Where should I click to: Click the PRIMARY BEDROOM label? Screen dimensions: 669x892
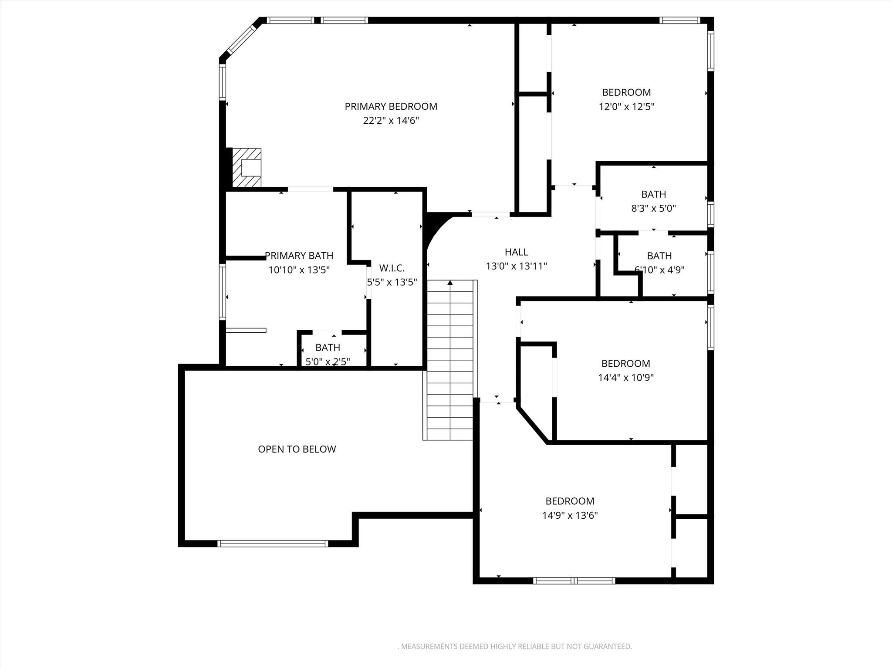[x=391, y=106]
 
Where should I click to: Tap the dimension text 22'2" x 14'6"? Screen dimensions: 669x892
[x=391, y=121]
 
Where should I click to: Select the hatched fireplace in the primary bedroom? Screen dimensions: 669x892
[x=247, y=168]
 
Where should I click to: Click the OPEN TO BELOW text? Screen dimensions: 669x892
[x=297, y=449]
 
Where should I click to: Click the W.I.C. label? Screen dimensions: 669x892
[x=392, y=268]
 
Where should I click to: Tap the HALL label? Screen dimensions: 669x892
[x=516, y=252]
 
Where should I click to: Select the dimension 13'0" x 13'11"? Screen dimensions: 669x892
[x=516, y=266]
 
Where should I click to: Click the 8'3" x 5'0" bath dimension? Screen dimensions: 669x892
[x=653, y=208]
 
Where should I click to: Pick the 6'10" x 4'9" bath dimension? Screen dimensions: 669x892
[x=659, y=270]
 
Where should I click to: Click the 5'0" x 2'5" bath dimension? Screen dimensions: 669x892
[x=328, y=362]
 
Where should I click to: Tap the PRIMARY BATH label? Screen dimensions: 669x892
[x=299, y=256]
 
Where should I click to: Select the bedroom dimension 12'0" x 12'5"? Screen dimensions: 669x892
[x=626, y=107]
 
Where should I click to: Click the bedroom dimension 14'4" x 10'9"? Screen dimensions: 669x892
[x=625, y=378]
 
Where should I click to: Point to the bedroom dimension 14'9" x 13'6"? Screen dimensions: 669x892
[x=570, y=516]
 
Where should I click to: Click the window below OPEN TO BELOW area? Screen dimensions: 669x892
[x=273, y=543]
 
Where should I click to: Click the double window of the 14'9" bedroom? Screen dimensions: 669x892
[x=574, y=581]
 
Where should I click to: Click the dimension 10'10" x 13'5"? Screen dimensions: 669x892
[x=299, y=270]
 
